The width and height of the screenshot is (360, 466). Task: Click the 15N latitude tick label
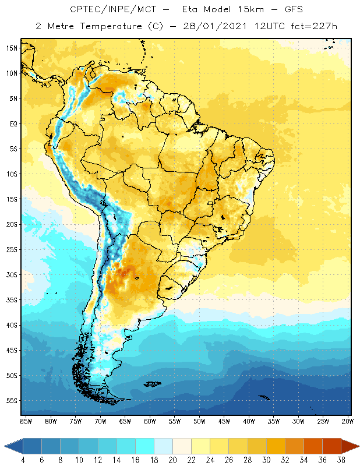[x=11, y=48]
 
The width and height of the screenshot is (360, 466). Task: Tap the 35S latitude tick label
[x=11, y=300]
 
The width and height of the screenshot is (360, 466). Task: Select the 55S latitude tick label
[x=11, y=401]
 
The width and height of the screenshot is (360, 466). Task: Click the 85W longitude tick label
[x=26, y=421]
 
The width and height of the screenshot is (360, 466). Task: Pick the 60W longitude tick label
[x=150, y=421]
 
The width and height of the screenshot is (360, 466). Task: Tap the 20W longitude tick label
[x=348, y=421]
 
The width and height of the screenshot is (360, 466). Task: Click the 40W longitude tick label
[x=249, y=421]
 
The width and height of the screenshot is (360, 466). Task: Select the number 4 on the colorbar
[x=23, y=460]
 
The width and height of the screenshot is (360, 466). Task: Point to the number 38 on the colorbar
[x=341, y=460]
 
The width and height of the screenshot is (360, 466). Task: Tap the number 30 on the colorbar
[x=266, y=460]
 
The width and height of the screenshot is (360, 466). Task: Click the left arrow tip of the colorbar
[x=5, y=446]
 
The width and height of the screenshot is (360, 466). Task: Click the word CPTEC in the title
[x=83, y=10]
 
